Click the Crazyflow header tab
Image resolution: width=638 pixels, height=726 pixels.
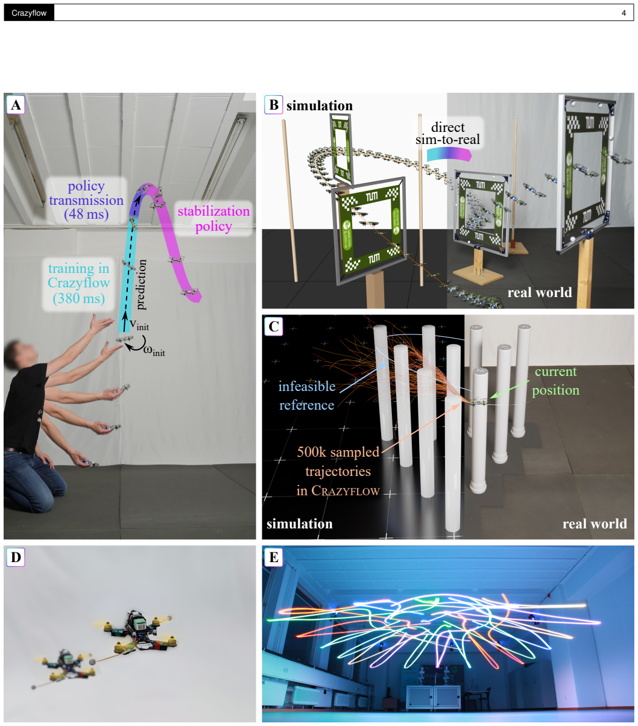coord(29,13)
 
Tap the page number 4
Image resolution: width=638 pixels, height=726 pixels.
coord(624,13)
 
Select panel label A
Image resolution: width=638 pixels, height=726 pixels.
coord(16,105)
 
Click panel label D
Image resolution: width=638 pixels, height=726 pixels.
coord(16,557)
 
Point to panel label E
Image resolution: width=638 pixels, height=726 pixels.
coord(273,557)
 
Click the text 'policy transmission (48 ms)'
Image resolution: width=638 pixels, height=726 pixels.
coord(86,200)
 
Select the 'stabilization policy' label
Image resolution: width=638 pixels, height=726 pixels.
coord(213,219)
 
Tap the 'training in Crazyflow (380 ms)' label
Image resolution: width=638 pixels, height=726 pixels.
coord(78,283)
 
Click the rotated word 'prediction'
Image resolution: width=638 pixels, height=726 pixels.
coord(142,284)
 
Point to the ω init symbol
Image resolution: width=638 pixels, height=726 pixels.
coord(154,351)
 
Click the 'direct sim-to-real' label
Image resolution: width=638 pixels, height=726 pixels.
coord(447,133)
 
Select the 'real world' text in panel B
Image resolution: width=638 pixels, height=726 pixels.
coord(539,292)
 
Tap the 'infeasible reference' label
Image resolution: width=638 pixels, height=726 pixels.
coord(306,395)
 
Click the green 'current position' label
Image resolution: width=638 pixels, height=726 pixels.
coord(555,381)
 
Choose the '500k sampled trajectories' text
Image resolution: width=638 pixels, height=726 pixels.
coord(338,461)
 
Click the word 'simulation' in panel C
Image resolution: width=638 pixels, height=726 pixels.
coord(300,524)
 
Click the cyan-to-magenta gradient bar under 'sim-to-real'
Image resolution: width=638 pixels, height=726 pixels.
coord(449,154)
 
